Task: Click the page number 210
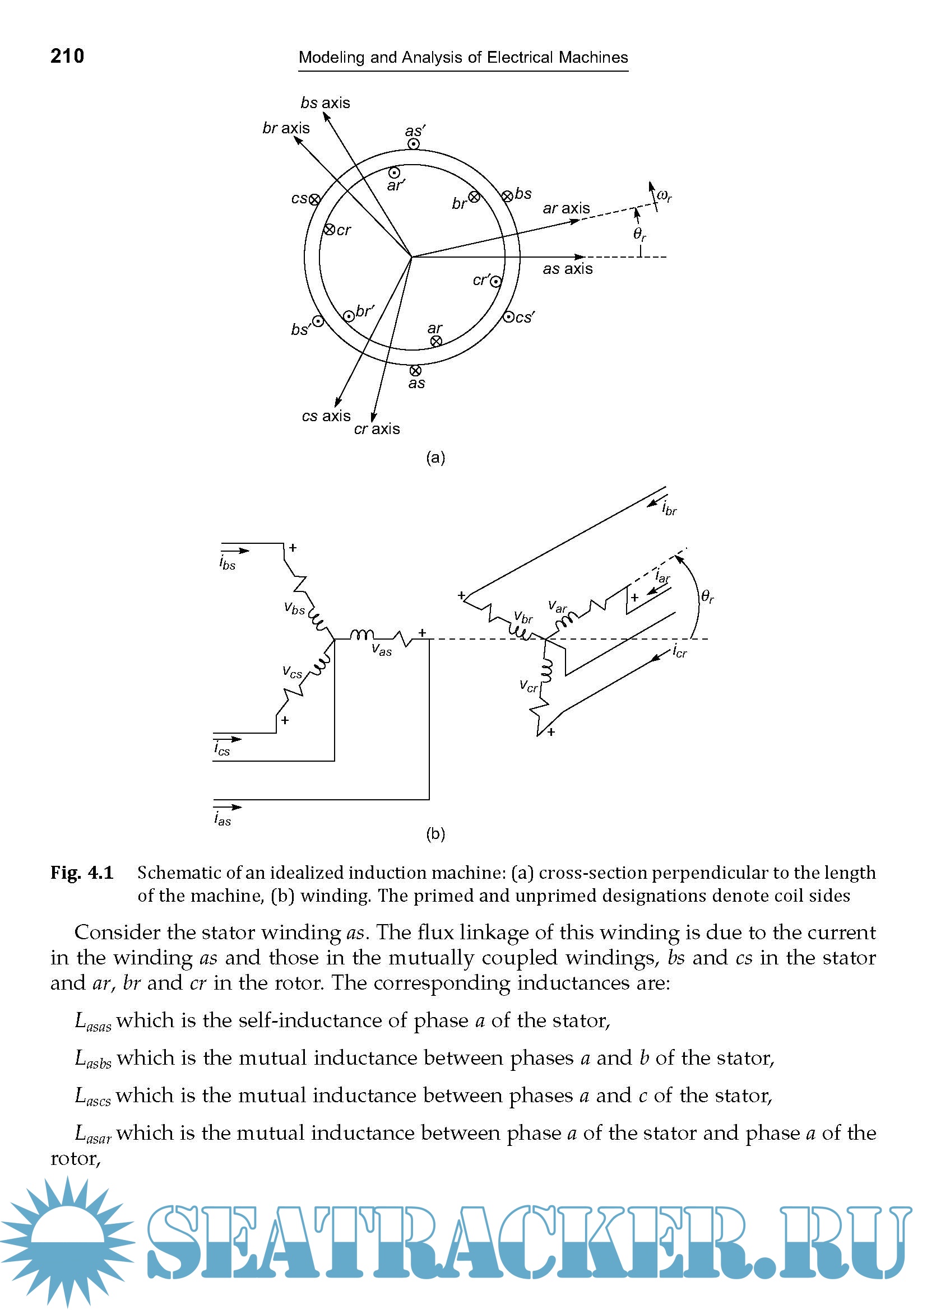(67, 56)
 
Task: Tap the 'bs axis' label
(326, 102)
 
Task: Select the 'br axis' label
(286, 128)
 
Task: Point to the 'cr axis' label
(377, 429)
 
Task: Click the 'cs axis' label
(326, 416)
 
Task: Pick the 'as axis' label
(567, 269)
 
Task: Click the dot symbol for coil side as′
(414, 144)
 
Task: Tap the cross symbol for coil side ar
(436, 341)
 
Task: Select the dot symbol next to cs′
(508, 317)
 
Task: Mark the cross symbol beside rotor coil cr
(330, 230)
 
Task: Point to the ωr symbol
(664, 195)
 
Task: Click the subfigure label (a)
(435, 458)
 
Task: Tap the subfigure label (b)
(435, 834)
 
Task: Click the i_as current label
(223, 819)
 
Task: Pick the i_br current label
(669, 509)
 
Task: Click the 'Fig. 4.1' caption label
(82, 873)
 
